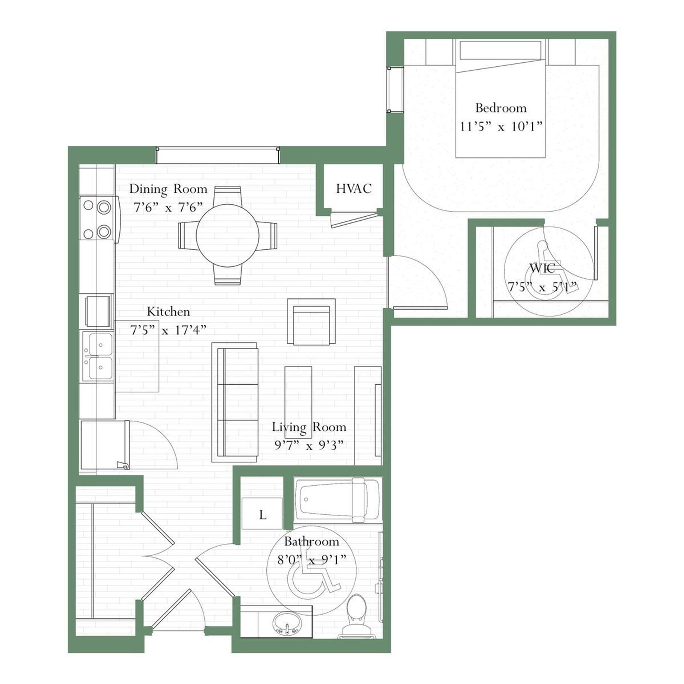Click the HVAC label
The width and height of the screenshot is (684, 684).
(x=354, y=189)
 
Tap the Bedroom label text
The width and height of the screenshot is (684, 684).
(x=501, y=108)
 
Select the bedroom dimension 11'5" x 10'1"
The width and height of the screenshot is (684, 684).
(x=501, y=126)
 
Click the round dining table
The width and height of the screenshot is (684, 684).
(x=227, y=235)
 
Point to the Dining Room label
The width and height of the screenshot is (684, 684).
(x=168, y=189)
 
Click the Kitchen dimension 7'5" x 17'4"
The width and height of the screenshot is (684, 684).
(x=168, y=330)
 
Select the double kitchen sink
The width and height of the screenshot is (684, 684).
(x=98, y=357)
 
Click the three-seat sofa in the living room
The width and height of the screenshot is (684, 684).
(x=235, y=402)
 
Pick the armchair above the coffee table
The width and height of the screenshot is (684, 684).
(x=311, y=321)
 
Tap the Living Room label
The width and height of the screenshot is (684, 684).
(x=309, y=427)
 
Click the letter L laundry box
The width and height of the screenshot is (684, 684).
(x=262, y=513)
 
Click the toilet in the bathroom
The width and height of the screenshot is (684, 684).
(x=357, y=616)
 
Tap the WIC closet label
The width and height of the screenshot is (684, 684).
(x=542, y=268)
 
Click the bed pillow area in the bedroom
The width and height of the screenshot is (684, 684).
(x=500, y=50)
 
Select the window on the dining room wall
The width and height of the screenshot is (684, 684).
(x=218, y=155)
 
